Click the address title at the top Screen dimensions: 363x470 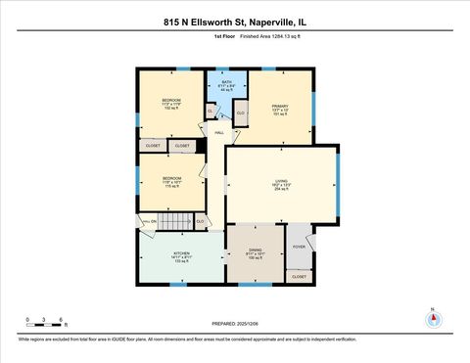pyautogui.click(x=235, y=21)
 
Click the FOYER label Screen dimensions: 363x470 pyautogui.click(x=299, y=247)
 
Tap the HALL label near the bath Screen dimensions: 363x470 pyautogui.click(x=219, y=132)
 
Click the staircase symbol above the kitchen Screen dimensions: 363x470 pyautogui.click(x=173, y=222)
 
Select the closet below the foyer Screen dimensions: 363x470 pyautogui.click(x=299, y=277)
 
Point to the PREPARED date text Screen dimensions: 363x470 pyautogui.click(x=235, y=323)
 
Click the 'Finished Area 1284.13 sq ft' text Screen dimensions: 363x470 pyautogui.click(x=257, y=37)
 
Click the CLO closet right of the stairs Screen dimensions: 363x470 pyautogui.click(x=200, y=222)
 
